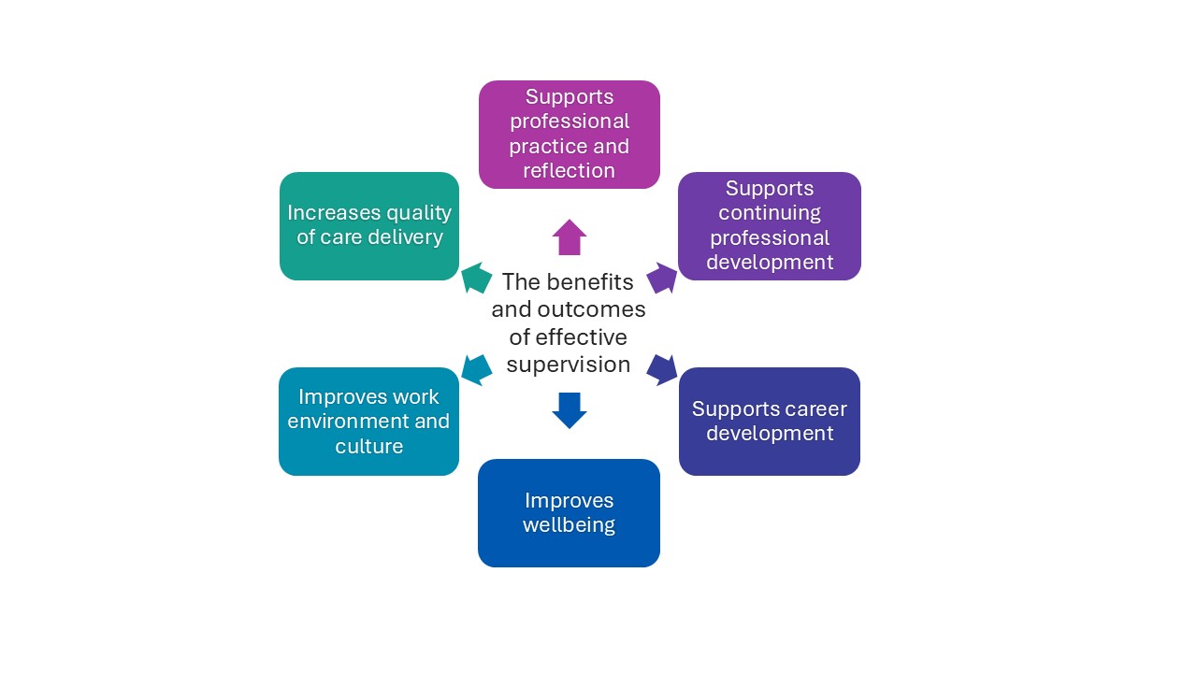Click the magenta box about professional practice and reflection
tap(569, 134)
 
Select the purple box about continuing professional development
tap(769, 225)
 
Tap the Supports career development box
tap(769, 421)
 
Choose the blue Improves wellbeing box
tap(569, 512)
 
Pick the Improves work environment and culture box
tap(368, 421)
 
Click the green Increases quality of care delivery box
tap(368, 225)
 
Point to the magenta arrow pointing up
tap(569, 237)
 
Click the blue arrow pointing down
tap(569, 410)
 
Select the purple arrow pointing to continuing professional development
tap(662, 278)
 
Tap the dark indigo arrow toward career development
tap(662, 369)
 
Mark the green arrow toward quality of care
tap(477, 278)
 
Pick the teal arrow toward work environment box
tap(477, 369)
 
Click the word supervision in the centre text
tap(569, 365)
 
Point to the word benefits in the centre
tap(590, 281)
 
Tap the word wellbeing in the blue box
tap(569, 525)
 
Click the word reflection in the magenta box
tap(569, 171)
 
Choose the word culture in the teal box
tap(368, 446)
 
